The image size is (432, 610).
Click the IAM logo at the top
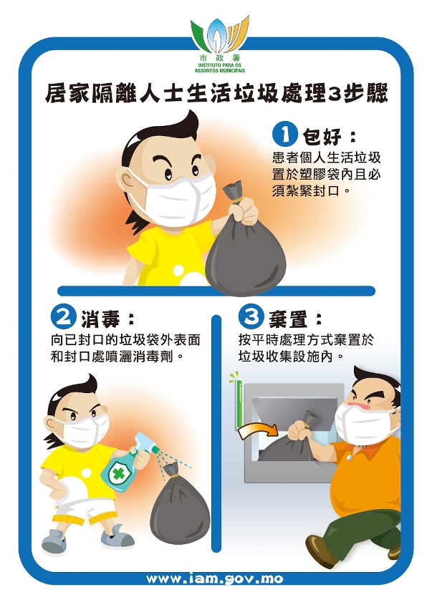[220, 44]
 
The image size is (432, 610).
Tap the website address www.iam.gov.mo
[214, 579]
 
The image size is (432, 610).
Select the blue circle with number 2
[62, 318]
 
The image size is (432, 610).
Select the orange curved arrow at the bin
[258, 430]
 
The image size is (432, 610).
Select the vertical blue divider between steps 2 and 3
[216, 433]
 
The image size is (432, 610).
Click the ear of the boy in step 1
[127, 182]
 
